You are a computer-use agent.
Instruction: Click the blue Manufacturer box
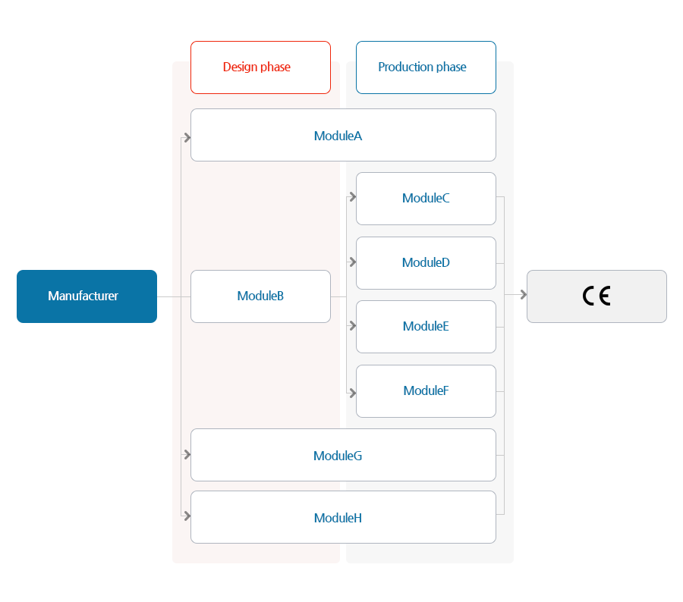(x=87, y=296)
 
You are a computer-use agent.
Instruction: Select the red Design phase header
(x=260, y=67)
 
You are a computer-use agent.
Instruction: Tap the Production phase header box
(x=426, y=67)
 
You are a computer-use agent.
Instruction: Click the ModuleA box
(x=343, y=135)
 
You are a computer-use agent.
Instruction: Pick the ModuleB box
(x=260, y=296)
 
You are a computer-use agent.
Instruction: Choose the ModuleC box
(x=426, y=199)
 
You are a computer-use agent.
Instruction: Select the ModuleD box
(x=426, y=263)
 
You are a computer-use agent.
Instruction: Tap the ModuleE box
(x=426, y=327)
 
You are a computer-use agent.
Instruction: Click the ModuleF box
(x=426, y=391)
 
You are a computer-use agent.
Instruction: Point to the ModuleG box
(x=343, y=455)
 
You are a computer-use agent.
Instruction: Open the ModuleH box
(x=343, y=517)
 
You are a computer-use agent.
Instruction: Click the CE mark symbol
(x=596, y=296)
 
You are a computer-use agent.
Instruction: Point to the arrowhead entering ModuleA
(x=187, y=137)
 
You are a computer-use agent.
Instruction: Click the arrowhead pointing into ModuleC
(x=353, y=197)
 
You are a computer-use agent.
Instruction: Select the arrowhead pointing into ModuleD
(x=353, y=262)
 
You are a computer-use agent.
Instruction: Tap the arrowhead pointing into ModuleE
(x=353, y=325)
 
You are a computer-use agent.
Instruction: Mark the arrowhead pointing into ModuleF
(x=353, y=393)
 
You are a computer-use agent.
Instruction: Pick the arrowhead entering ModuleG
(x=187, y=454)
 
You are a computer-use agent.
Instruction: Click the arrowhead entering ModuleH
(x=187, y=516)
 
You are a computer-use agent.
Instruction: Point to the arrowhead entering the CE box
(x=524, y=295)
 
